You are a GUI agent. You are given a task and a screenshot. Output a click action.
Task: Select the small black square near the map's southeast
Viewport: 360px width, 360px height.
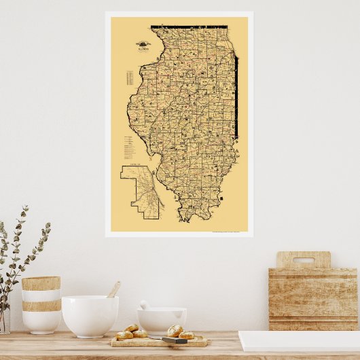click(x=221, y=197)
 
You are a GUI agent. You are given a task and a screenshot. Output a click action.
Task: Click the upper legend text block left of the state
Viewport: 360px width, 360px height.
click(x=128, y=78)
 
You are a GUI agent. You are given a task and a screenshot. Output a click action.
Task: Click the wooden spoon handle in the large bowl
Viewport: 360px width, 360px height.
click(x=113, y=290)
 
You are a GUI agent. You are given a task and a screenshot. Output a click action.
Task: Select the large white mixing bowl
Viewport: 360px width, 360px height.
click(x=90, y=315)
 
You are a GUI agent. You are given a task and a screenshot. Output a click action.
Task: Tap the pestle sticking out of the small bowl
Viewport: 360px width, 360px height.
click(x=144, y=305)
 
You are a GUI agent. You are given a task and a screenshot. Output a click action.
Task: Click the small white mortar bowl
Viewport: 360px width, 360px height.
click(x=162, y=320)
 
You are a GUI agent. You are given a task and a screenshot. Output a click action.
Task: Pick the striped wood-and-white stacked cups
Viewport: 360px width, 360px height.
click(x=41, y=304)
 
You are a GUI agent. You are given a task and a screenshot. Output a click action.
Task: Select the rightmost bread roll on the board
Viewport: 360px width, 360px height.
click(x=187, y=334)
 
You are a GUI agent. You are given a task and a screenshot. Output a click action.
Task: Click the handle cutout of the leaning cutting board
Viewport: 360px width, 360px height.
click(x=303, y=259)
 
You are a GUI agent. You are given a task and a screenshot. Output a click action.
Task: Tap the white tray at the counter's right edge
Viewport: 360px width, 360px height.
click(x=299, y=341)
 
